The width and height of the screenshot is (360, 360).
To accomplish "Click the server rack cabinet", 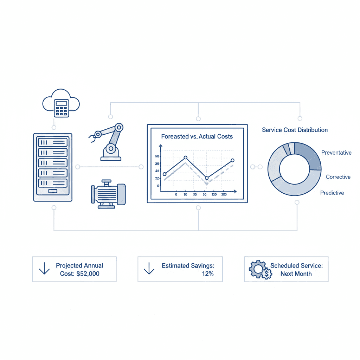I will click(x=53, y=167).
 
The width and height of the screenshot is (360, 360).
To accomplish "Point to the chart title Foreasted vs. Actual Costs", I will click(x=197, y=136).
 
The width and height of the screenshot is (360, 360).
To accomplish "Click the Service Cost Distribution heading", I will click(x=295, y=130).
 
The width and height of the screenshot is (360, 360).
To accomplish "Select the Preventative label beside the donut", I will click(x=336, y=153).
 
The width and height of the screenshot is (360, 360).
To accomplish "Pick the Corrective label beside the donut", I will click(x=338, y=177).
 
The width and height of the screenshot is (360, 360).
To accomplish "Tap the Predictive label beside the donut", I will click(x=332, y=193).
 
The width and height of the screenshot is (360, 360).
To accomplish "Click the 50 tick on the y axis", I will click(x=157, y=156).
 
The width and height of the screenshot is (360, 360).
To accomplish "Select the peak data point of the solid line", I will click(x=186, y=158).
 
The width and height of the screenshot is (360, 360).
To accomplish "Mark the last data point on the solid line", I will click(x=232, y=160).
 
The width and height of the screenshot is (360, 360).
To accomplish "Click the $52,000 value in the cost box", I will click(x=88, y=274).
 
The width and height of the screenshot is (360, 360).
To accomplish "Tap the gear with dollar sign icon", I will click(x=260, y=270).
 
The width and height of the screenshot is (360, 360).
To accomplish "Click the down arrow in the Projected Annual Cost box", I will click(x=44, y=269).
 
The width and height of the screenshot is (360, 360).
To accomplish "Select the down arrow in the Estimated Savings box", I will click(x=149, y=269).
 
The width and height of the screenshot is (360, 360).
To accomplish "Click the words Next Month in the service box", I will click(x=296, y=274).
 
